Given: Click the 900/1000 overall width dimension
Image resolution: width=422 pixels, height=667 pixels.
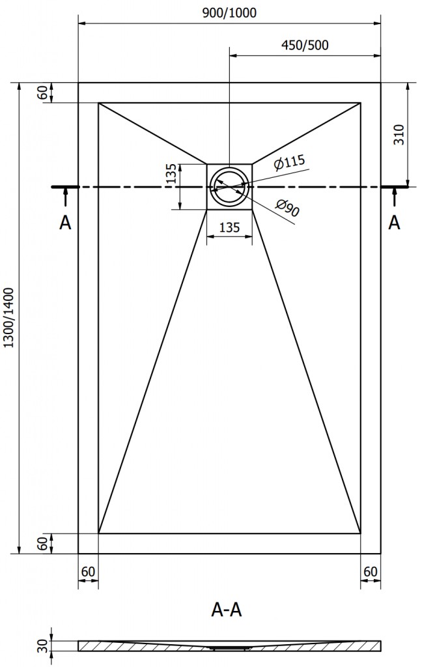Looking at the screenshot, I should (x=230, y=13).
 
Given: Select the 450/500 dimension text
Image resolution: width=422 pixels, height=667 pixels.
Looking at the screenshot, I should (x=304, y=45).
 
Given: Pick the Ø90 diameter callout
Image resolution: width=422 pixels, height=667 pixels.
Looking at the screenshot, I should (x=287, y=208).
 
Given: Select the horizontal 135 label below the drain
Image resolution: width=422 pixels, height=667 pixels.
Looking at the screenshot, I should (x=230, y=227).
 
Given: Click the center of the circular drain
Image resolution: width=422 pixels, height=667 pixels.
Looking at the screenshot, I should (x=230, y=186).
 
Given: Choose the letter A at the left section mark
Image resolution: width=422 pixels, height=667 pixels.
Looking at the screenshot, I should (x=65, y=223).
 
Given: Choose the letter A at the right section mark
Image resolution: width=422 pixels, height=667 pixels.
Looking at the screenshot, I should (x=394, y=223).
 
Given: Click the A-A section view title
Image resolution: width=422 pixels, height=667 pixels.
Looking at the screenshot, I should (x=228, y=609).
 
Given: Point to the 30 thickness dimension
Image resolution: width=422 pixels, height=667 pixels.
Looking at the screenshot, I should (x=42, y=646).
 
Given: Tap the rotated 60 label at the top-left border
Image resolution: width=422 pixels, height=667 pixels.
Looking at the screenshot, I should (x=43, y=92).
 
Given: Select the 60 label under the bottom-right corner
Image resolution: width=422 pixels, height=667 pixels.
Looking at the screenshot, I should (x=371, y=571).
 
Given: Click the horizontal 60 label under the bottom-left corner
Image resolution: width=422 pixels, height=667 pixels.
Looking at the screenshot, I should (x=89, y=571).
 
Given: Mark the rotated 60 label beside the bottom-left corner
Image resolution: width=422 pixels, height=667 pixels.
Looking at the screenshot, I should (x=43, y=543).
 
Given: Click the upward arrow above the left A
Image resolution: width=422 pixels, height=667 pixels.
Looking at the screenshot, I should (x=65, y=197).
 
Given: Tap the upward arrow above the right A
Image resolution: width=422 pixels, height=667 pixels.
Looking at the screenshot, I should (x=394, y=197).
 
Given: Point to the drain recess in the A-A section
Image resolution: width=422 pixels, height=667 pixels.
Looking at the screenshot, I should (x=230, y=648).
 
